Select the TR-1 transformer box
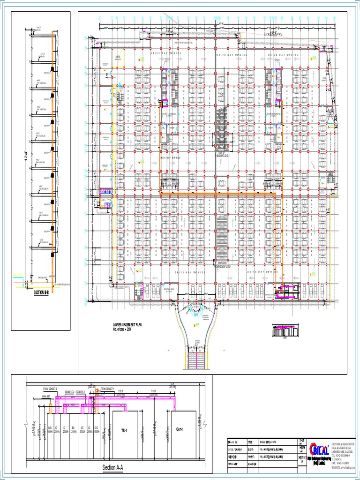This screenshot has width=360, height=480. (x=124, y=430)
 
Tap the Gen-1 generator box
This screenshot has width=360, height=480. (x=184, y=430)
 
